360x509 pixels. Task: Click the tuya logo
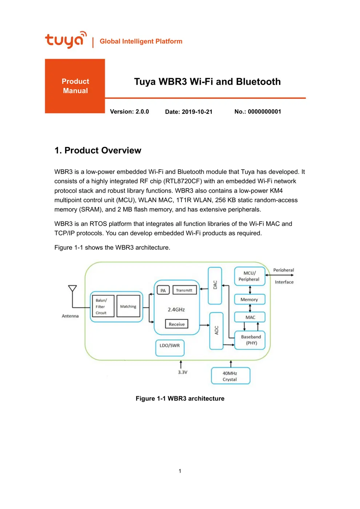pyautogui.click(x=65, y=40)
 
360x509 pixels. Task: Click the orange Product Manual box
pyautogui.click(x=75, y=86)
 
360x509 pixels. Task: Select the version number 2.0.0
pyautogui.click(x=142, y=112)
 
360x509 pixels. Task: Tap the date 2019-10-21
pyautogui.click(x=197, y=112)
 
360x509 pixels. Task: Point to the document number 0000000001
pyautogui.click(x=264, y=112)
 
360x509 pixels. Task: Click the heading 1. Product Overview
pyautogui.click(x=97, y=151)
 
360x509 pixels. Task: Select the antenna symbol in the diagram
pyautogui.click(x=72, y=289)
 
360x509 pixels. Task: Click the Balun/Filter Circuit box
pyautogui.click(x=103, y=306)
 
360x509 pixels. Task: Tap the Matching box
pyautogui.click(x=128, y=306)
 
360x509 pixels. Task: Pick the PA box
pyautogui.click(x=163, y=290)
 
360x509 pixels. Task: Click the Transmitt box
pyautogui.click(x=184, y=290)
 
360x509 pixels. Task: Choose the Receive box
pyautogui.click(x=176, y=324)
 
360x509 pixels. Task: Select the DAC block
pyautogui.click(x=215, y=285)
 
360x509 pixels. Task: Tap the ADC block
pyautogui.click(x=216, y=330)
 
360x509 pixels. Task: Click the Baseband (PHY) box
pyautogui.click(x=251, y=340)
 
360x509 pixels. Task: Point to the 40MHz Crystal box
pyautogui.click(x=230, y=376)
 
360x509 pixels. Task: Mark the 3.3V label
pyautogui.click(x=183, y=372)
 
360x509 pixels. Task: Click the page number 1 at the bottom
pyautogui.click(x=180, y=471)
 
